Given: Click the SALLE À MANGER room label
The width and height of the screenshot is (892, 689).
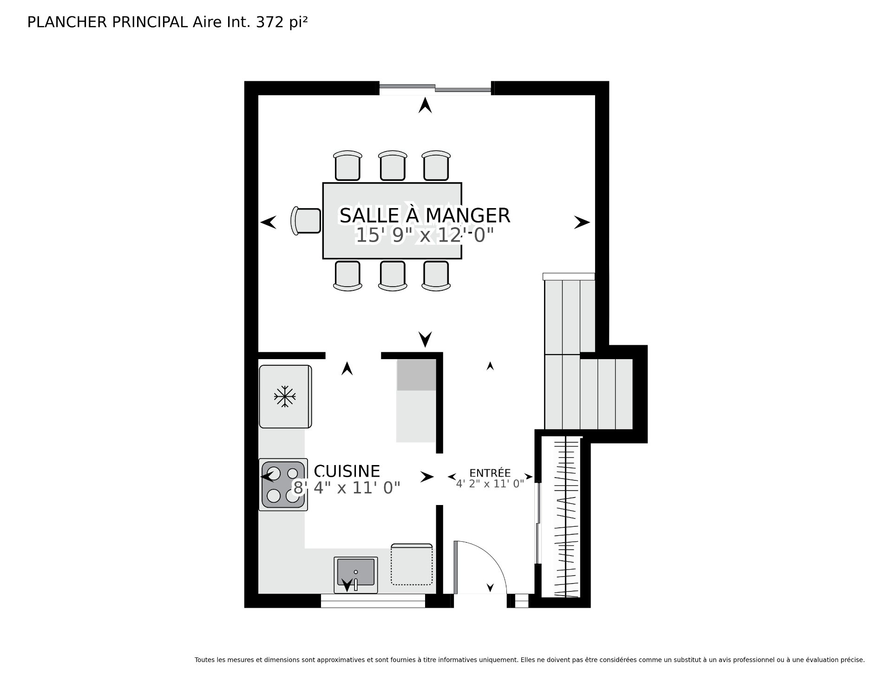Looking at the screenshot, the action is click(x=425, y=215).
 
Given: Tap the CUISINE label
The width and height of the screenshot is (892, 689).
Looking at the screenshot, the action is click(x=347, y=471).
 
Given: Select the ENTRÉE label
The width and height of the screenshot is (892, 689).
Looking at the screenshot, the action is click(x=490, y=472).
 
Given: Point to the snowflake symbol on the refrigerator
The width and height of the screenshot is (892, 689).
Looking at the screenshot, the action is click(x=285, y=396).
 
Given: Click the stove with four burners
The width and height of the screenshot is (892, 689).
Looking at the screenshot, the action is click(x=283, y=485).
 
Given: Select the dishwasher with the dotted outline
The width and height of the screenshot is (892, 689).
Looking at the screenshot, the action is click(x=412, y=564).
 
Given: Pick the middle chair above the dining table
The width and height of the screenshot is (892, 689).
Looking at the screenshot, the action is click(x=393, y=165).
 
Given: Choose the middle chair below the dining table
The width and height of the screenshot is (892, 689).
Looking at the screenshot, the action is click(x=393, y=276).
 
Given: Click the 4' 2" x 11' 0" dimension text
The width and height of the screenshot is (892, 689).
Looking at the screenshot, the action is click(x=490, y=483).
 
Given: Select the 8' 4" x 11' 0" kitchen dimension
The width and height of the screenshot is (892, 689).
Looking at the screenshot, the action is click(x=347, y=488).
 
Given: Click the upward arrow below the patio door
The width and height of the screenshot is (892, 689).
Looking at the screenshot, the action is click(x=425, y=105).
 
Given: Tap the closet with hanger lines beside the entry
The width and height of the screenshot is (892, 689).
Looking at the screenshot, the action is click(x=566, y=517).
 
